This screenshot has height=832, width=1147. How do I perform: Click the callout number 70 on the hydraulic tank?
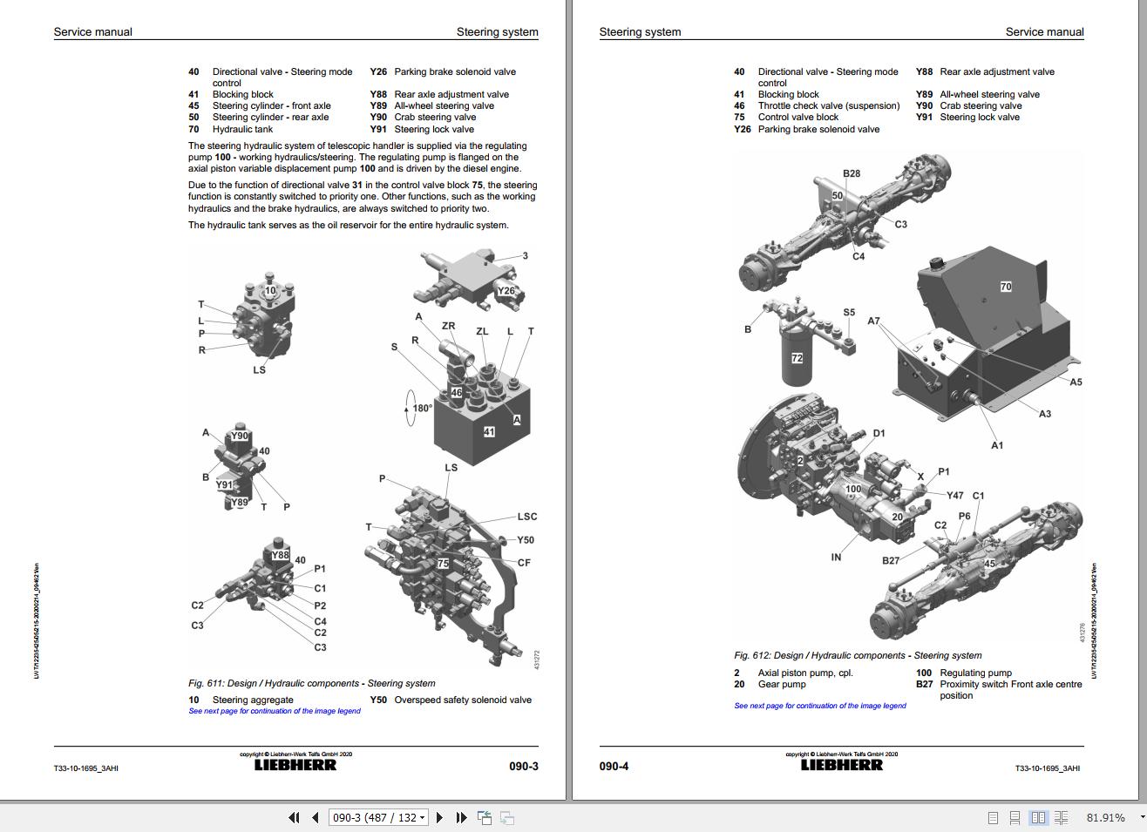point(1006,287)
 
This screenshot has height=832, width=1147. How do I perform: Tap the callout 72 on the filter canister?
point(797,358)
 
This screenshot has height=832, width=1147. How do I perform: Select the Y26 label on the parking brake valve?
point(506,291)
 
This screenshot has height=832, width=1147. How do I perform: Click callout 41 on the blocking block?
point(489,432)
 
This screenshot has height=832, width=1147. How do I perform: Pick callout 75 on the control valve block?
point(443,564)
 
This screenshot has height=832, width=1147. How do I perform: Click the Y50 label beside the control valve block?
point(526,540)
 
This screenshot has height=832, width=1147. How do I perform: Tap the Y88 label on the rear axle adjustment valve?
point(280,555)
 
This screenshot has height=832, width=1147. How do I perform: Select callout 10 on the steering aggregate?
point(270,291)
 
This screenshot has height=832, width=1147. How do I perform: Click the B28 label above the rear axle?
point(852,173)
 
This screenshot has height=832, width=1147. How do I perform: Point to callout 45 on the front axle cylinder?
point(989,564)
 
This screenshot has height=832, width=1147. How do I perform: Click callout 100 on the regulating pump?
point(853,489)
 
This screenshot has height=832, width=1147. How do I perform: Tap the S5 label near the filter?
point(849,312)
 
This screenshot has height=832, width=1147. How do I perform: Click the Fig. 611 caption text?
point(311,683)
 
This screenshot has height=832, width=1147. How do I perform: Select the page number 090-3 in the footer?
point(524,767)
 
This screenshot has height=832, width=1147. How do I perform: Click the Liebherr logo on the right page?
point(841,765)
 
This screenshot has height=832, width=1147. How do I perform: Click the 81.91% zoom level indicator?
point(1105,817)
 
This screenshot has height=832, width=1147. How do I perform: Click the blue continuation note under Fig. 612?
point(819,706)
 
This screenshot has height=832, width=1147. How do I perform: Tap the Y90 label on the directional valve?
point(239,436)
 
